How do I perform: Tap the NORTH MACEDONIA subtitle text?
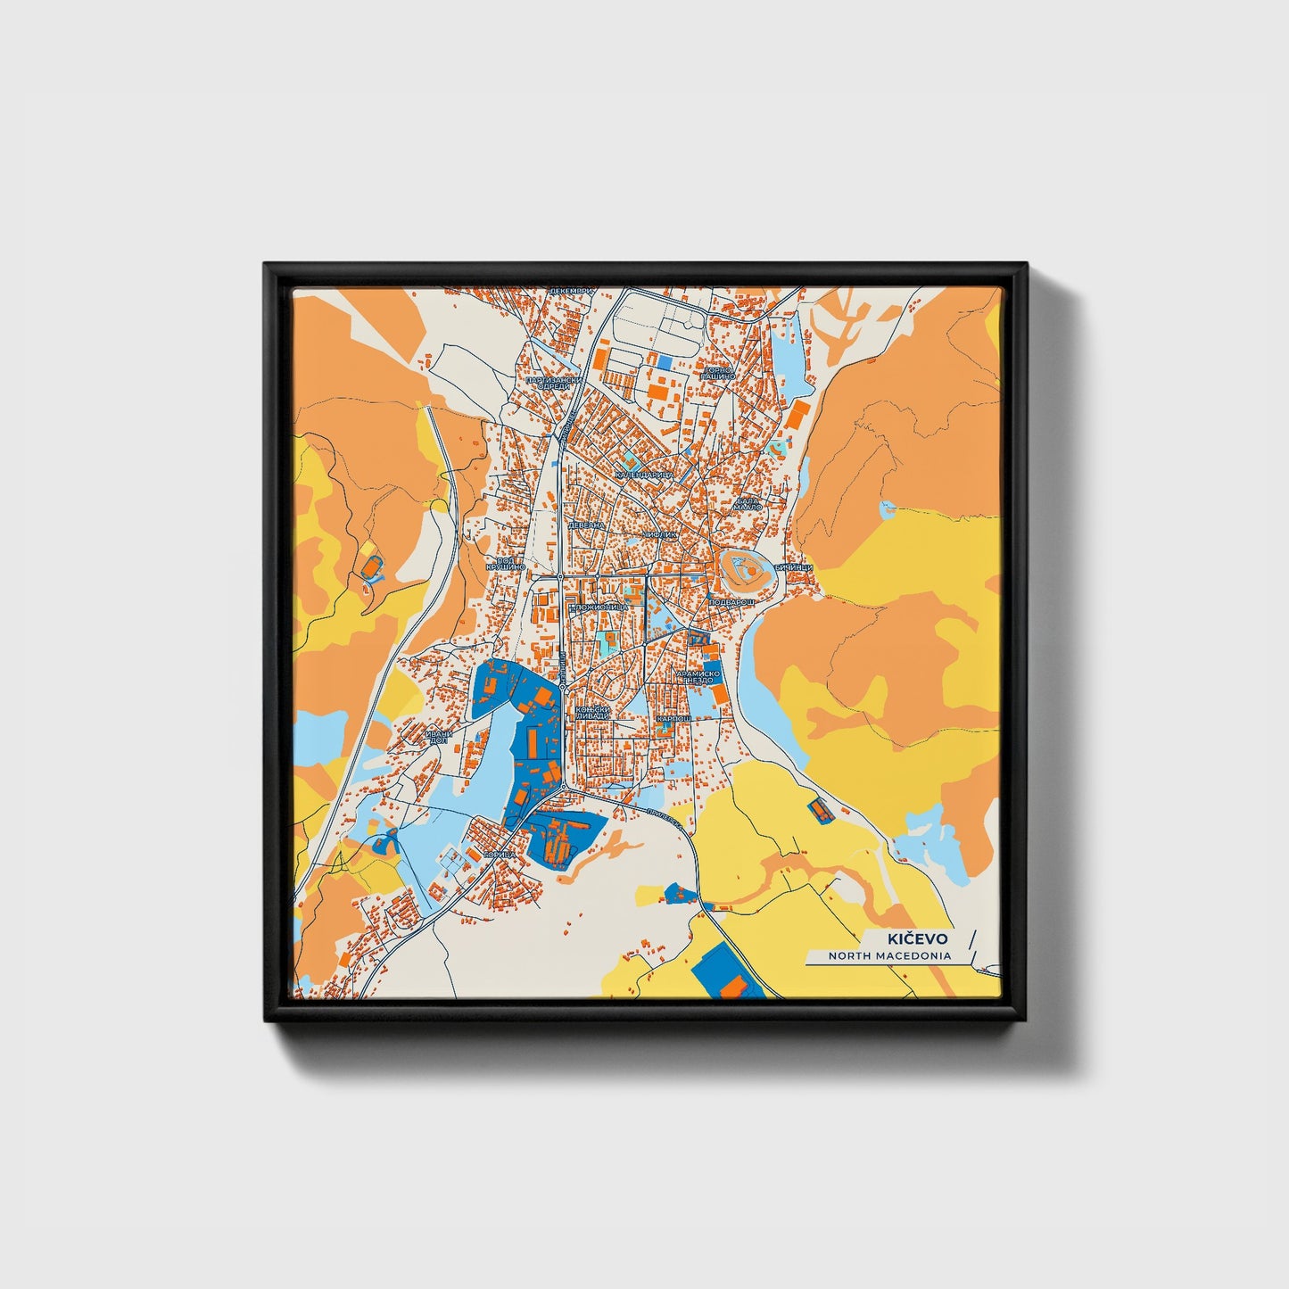889,955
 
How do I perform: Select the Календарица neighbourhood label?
645,475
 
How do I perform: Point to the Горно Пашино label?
718,373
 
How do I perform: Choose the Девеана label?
587,526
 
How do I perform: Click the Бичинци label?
792,567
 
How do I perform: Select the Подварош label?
732,602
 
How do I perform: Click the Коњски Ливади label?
592,713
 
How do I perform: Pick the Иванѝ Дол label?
440,737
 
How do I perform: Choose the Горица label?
499,855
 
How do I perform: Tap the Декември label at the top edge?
570,292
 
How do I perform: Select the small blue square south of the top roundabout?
665,361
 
